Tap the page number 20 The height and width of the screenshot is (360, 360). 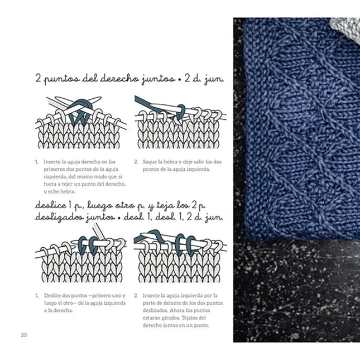(x=23, y=334)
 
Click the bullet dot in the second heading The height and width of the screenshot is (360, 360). (x=118, y=215)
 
